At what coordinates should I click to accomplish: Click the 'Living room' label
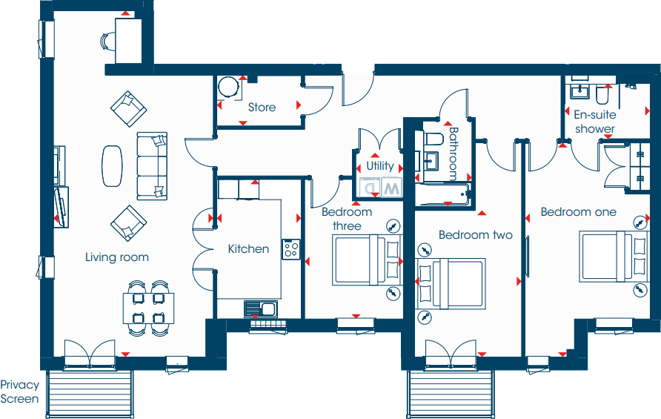pyautogui.click(x=116, y=257)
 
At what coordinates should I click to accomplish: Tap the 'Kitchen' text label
pyautogui.click(x=248, y=248)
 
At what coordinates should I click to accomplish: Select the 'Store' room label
pyautogui.click(x=262, y=108)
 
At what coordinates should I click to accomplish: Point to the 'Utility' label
pyautogui.click(x=380, y=166)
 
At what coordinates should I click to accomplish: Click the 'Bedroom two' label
pyautogui.click(x=475, y=235)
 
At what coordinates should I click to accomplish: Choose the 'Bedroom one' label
pyautogui.click(x=578, y=211)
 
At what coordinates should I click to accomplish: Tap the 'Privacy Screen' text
pyautogui.click(x=19, y=392)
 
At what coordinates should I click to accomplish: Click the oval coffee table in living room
pyautogui.click(x=113, y=165)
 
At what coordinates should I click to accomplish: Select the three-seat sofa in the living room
pyautogui.click(x=153, y=165)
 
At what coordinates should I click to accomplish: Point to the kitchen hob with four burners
pyautogui.click(x=290, y=249)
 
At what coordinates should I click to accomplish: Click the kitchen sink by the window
pyautogui.click(x=260, y=309)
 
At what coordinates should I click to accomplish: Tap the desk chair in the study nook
pyautogui.click(x=107, y=41)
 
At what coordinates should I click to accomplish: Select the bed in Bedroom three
pyautogui.click(x=365, y=260)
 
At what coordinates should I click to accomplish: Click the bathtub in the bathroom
pyautogui.click(x=442, y=196)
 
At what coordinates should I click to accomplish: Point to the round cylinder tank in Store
pyautogui.click(x=230, y=88)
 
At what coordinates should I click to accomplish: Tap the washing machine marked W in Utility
pyautogui.click(x=391, y=188)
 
